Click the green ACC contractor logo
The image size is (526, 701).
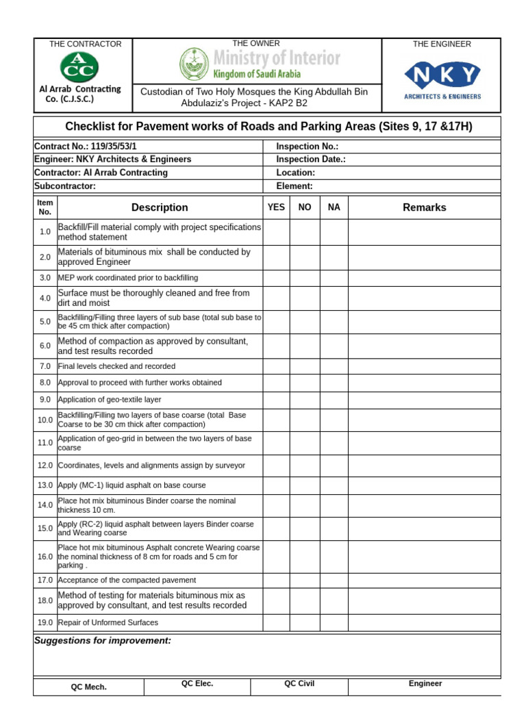click(80, 66)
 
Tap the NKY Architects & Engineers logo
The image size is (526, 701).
click(442, 75)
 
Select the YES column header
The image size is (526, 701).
click(276, 207)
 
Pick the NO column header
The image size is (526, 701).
click(305, 207)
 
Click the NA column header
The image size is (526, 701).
click(334, 207)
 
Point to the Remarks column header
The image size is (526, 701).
click(424, 207)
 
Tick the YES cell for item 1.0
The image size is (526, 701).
click(276, 232)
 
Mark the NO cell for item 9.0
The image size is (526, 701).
click(305, 399)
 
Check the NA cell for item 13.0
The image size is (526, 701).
click(334, 485)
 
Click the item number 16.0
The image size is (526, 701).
click(45, 557)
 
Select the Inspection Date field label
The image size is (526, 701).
click(310, 160)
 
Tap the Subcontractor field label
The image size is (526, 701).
click(65, 186)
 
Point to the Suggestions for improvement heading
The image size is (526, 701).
click(103, 641)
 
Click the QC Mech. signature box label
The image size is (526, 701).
click(89, 687)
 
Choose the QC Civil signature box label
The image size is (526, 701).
click(299, 684)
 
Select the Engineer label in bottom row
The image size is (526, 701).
click(425, 684)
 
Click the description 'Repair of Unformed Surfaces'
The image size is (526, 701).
click(108, 623)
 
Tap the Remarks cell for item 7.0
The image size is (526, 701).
click(424, 366)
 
